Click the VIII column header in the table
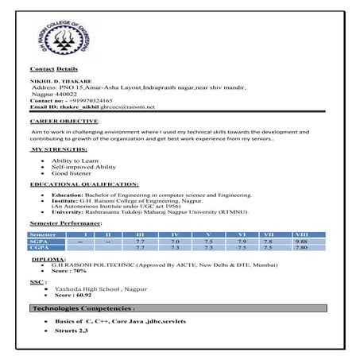[x=300, y=234]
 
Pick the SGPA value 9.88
[x=300, y=241]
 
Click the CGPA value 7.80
[x=300, y=248]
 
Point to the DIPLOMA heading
[x=47, y=259]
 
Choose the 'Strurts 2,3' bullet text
[x=72, y=328]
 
